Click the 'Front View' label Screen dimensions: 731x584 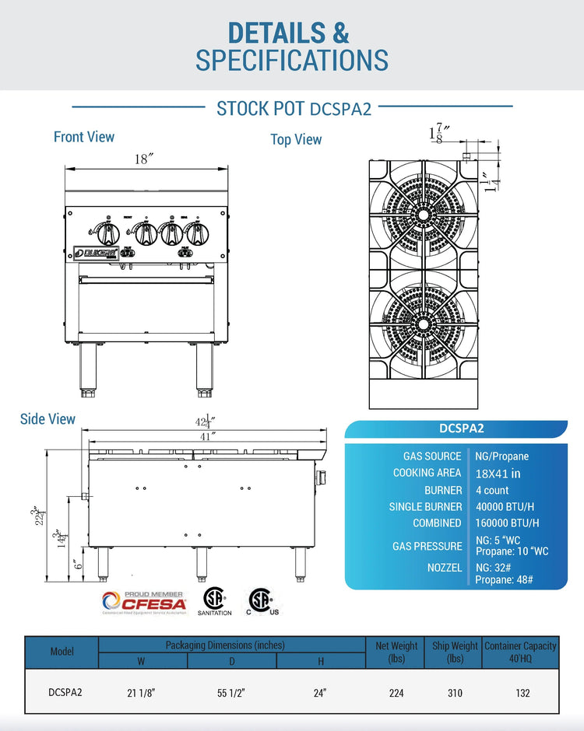coord(84,137)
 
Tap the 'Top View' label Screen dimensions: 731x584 coord(296,139)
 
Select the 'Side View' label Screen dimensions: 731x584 coord(47,419)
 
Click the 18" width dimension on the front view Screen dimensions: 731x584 coord(143,159)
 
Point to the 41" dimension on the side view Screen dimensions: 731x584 coord(206,436)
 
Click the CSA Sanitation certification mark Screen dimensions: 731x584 coord(214,600)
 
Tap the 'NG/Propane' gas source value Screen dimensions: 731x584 coord(501,456)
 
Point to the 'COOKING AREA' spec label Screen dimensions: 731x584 coord(427,473)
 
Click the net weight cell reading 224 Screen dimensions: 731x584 coord(396,692)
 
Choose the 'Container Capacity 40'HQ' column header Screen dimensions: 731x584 coord(520,652)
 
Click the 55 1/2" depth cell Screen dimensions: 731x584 coord(232,692)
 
